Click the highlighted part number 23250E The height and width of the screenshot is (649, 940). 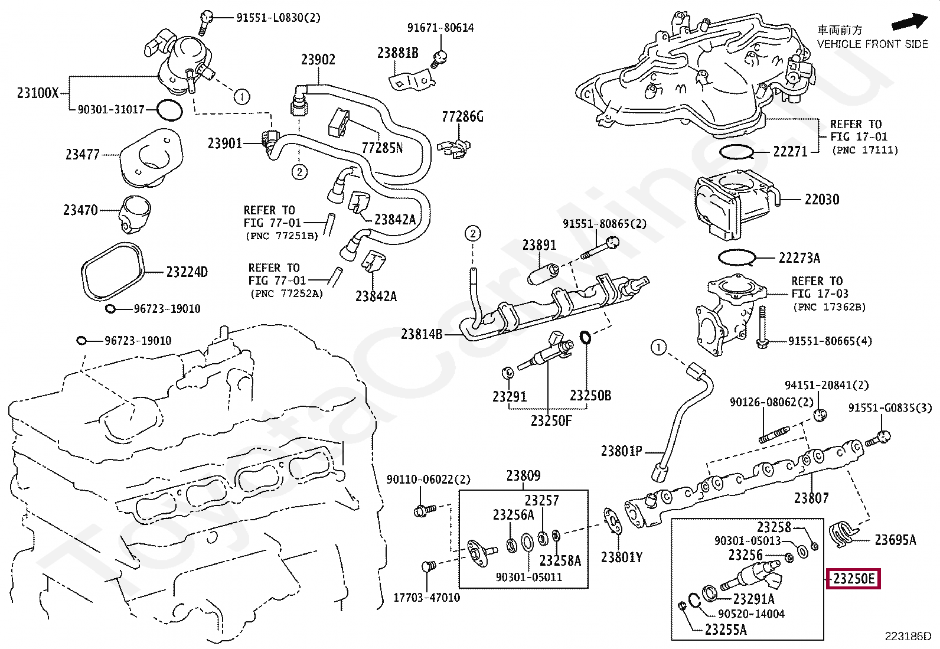[854, 579]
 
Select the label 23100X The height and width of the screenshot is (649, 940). [38, 92]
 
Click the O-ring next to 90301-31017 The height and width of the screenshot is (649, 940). [169, 109]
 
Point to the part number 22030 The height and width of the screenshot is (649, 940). [821, 200]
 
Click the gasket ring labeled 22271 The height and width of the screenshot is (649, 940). [736, 152]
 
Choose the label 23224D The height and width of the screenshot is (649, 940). [187, 272]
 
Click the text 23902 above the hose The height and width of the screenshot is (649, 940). [318, 60]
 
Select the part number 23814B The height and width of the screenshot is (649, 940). [422, 334]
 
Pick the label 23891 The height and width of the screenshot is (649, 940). [539, 244]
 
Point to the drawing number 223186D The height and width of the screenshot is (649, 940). [907, 636]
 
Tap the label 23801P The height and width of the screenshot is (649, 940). [621, 451]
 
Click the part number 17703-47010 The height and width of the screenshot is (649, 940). [427, 598]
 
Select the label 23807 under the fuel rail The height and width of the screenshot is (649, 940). [811, 498]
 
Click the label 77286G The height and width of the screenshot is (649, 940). [462, 117]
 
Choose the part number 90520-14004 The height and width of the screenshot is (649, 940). [751, 614]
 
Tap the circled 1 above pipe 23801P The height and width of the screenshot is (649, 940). [658, 347]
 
